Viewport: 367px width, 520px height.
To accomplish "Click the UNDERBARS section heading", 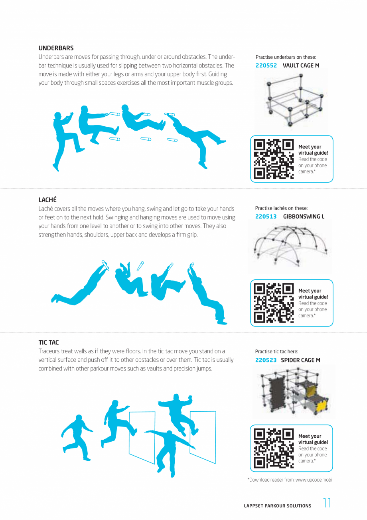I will tap(56, 48).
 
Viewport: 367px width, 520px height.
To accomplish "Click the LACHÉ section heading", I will tap(47, 199).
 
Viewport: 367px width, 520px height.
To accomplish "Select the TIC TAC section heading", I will tap(49, 343).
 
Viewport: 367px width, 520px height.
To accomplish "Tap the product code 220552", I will tap(266, 65).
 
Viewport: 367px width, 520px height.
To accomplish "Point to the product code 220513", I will tap(266, 217).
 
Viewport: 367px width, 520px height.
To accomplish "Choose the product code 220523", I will tap(266, 360).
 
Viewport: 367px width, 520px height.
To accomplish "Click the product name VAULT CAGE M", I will tap(301, 65).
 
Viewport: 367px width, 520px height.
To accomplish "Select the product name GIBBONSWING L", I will tap(304, 217).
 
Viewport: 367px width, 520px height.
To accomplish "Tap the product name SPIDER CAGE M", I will tap(300, 360).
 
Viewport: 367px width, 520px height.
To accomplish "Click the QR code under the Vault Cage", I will tap(274, 159).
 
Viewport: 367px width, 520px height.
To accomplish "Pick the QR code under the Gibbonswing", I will tap(274, 303).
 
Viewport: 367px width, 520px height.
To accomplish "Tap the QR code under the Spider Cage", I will tap(274, 448).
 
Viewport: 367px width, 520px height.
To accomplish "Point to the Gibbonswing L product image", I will tap(290, 246).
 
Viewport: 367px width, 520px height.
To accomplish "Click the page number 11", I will tap(327, 503).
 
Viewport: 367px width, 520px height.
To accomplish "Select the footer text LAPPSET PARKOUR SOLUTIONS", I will tap(277, 506).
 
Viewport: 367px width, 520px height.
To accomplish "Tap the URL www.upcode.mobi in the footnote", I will tap(314, 480).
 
